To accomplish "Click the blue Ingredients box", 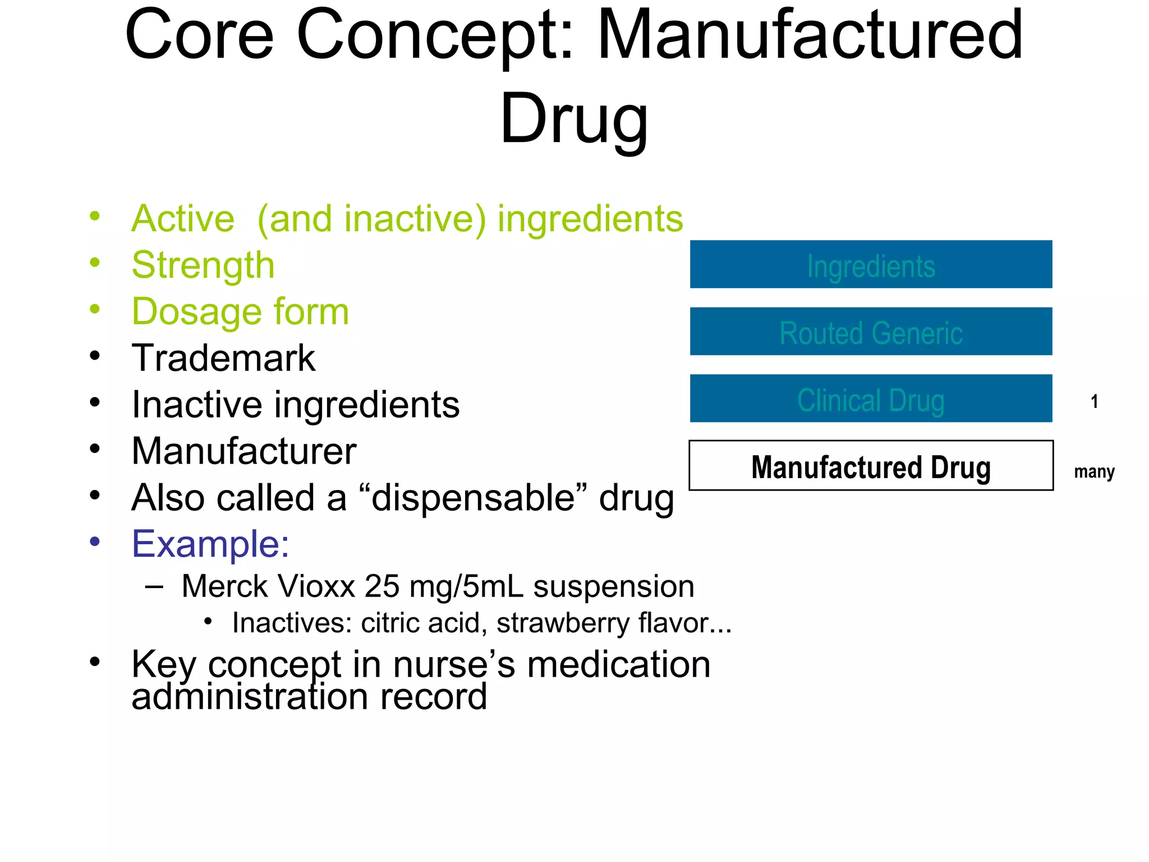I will pos(871,264).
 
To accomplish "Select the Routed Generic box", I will pos(871,332).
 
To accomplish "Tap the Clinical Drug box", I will pos(871,399).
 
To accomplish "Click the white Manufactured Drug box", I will pos(871,466).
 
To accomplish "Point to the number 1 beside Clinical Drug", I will pos(1094,401).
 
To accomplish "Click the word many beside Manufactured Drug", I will pos(1094,471).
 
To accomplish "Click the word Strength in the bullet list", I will pos(203,265).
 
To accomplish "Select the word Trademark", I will pos(223,358).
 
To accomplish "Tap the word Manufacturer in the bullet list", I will pos(243,451).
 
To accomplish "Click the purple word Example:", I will pos(210,544).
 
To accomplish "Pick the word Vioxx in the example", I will pos(316,587).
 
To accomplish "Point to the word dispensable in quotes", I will pos(473,498).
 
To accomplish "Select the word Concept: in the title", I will pos(435,35).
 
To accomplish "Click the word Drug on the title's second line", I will pos(573,119).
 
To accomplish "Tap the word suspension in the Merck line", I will pos(613,587).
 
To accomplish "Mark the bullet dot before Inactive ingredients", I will pos(95,402).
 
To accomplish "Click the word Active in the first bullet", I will pos(183,218).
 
